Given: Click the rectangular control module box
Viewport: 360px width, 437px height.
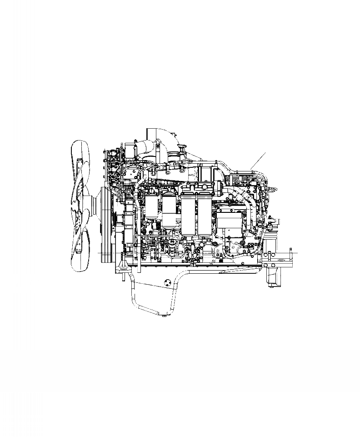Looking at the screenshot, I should [230, 222].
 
